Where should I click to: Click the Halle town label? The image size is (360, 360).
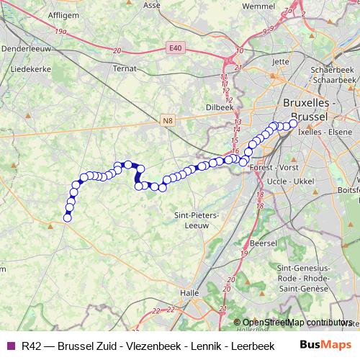(x=189, y=293)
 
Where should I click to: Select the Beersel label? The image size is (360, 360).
(x=262, y=244)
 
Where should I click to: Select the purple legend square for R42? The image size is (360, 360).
(x=9, y=346)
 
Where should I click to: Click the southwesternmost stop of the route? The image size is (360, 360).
(x=68, y=217)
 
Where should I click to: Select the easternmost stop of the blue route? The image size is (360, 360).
(x=293, y=123)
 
